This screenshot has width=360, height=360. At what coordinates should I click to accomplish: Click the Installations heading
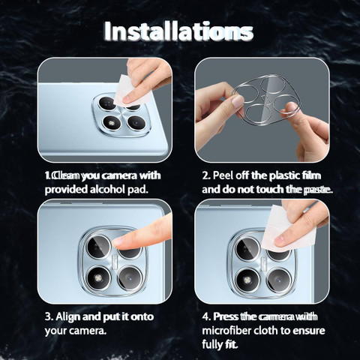point(178,31)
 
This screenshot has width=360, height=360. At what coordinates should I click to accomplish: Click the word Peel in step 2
point(223,175)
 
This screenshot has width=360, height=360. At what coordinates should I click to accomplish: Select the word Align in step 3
point(67,316)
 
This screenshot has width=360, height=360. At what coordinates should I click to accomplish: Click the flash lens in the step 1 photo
point(112,123)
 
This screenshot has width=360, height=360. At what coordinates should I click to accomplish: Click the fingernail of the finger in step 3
point(117,241)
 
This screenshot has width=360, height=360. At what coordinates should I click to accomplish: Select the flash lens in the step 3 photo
point(99,278)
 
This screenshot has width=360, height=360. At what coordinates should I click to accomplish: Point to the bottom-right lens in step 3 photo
point(130,278)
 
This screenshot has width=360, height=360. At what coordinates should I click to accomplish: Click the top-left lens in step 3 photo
point(98,247)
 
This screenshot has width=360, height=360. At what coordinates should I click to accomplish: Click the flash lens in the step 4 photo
point(247,279)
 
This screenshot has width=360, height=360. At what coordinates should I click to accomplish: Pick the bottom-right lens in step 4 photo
point(278,279)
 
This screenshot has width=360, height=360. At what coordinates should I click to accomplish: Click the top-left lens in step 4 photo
point(247,250)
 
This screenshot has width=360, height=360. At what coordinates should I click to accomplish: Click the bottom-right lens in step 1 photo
point(136,123)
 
